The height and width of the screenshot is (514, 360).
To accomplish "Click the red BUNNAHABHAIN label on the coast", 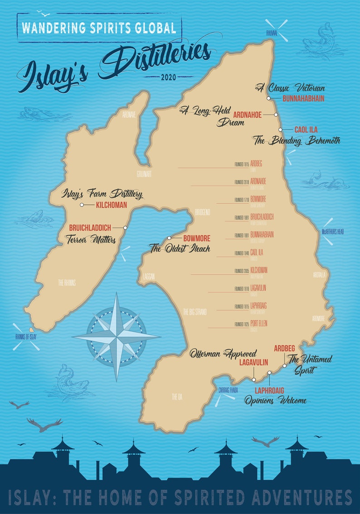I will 303,98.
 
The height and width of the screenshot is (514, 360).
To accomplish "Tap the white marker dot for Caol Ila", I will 280,130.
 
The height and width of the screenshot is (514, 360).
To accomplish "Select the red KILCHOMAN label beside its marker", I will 111,205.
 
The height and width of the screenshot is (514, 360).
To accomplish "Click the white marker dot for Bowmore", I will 169,238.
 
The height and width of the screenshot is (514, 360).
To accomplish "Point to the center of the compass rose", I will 117,336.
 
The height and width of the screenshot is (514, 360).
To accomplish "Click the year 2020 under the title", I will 169,78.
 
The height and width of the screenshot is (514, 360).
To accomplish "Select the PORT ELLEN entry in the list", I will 259,324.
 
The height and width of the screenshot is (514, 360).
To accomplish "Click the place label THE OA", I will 176,397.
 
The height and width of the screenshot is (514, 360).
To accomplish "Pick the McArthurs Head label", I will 333,232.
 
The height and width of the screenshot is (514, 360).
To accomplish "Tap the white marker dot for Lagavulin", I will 253,379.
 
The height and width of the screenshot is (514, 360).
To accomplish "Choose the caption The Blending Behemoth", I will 297,141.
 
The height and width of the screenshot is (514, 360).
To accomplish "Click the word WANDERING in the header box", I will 50,28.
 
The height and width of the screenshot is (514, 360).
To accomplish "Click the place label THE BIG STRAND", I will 195,312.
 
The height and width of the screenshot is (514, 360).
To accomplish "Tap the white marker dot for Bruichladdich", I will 125,228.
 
